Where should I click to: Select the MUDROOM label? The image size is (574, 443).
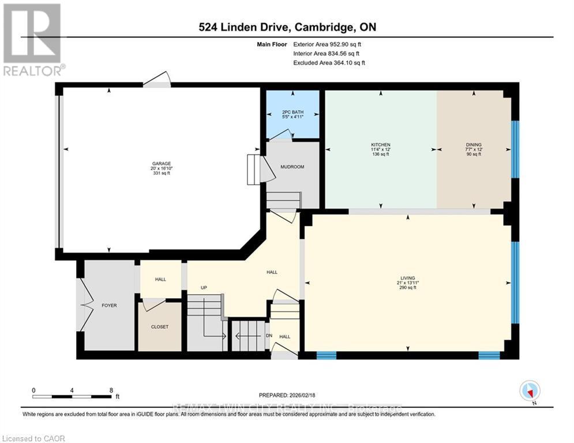(292, 167)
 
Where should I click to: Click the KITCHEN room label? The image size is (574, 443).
(380, 145)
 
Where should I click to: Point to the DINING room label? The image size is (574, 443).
(474, 145)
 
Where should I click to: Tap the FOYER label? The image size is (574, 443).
(109, 305)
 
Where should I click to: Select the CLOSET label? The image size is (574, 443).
(160, 326)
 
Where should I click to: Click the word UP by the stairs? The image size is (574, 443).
(204, 287)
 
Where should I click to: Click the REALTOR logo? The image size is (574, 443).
(32, 40)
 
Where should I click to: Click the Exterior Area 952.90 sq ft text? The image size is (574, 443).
(328, 44)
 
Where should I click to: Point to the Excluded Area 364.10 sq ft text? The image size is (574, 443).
(329, 62)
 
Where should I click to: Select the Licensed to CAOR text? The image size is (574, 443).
(33, 438)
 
